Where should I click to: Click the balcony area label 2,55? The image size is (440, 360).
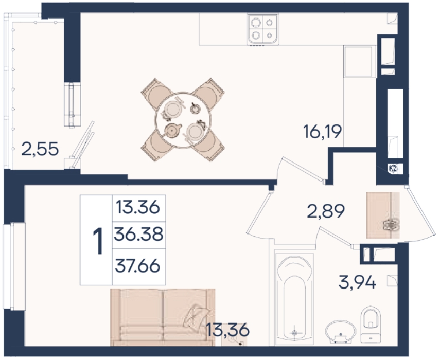(40, 149)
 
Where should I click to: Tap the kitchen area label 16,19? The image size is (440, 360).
(323, 132)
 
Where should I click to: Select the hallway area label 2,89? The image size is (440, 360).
(326, 211)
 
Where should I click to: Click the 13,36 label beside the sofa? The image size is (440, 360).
(227, 330)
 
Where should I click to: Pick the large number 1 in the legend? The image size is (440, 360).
(98, 241)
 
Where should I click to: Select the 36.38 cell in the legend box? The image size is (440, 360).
(138, 235)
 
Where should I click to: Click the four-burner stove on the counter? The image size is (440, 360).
(263, 29)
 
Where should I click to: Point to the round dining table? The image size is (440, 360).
(183, 120)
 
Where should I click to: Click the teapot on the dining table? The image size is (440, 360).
(172, 130)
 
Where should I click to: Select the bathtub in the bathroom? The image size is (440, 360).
(294, 299)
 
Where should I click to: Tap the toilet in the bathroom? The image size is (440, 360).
(371, 325)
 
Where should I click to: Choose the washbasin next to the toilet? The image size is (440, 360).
(341, 332)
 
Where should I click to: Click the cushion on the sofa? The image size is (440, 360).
(197, 315)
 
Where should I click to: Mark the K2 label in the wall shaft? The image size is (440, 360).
(393, 169)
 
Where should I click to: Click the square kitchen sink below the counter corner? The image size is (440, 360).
(360, 61)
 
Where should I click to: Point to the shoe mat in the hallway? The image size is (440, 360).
(383, 215)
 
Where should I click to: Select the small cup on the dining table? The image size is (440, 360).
(195, 108)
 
